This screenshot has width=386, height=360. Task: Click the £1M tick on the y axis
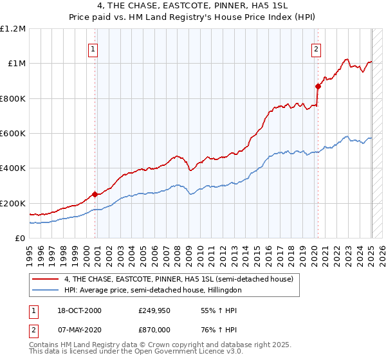pyautogui.click(x=15, y=64)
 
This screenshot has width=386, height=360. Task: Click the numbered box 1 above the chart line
pyautogui.click(x=93, y=49)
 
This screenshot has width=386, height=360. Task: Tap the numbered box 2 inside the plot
pyautogui.click(x=317, y=49)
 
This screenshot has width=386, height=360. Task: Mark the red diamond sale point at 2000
pyautogui.click(x=95, y=194)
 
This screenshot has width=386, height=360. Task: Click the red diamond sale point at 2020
pyautogui.click(x=318, y=86)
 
